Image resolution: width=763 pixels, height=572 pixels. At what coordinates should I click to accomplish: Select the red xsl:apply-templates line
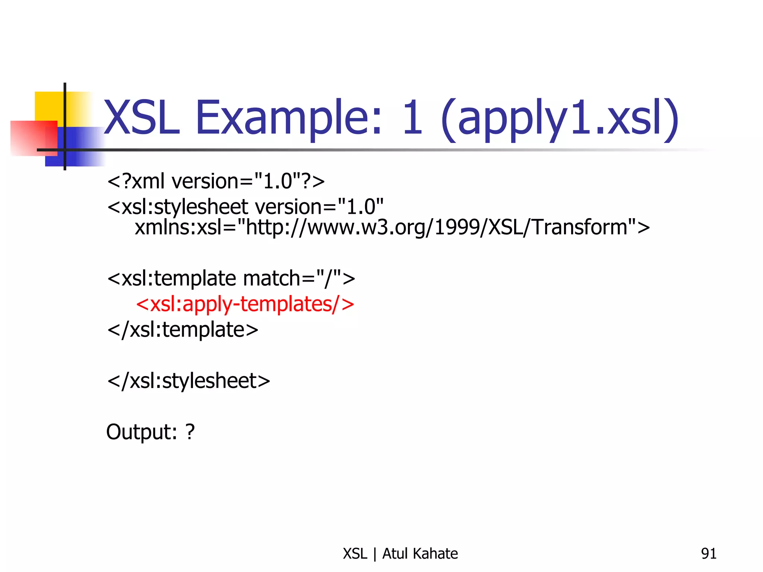245,304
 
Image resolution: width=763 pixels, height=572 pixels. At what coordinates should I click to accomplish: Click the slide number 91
709,554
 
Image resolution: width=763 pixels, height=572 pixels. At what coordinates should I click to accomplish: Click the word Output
141,432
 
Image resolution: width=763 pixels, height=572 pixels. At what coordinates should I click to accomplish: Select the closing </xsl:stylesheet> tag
189,381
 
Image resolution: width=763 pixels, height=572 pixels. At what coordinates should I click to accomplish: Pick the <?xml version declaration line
216,181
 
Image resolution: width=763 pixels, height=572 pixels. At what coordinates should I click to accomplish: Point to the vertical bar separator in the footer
375,554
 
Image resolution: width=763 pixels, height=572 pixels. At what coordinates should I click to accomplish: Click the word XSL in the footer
355,554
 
